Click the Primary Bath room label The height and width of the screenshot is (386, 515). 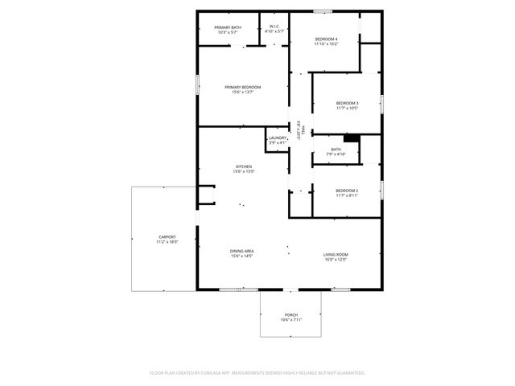tap(227, 28)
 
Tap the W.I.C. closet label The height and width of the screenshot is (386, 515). tap(274, 28)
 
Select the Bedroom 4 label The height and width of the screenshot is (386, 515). tap(326, 39)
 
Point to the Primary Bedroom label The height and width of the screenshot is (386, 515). tap(243, 87)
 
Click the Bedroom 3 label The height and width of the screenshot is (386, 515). tap(347, 103)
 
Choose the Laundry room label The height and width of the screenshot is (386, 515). tap(278, 138)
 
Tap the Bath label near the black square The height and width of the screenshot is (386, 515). tap(336, 149)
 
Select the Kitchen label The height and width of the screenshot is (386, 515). tap(243, 166)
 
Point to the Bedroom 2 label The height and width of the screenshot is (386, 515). tap(347, 190)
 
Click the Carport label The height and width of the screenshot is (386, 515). tap(167, 236)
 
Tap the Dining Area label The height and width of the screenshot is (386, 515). tap(242, 251)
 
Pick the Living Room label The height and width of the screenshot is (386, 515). tap(336, 255)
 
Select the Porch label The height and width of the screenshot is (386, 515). tap(291, 314)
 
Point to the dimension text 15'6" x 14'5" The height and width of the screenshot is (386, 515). tap(242, 256)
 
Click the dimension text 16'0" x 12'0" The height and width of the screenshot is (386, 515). tap(336, 260)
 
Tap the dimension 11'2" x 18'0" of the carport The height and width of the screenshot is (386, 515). tap(167, 241)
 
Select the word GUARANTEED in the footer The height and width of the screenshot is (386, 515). tap(348, 373)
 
